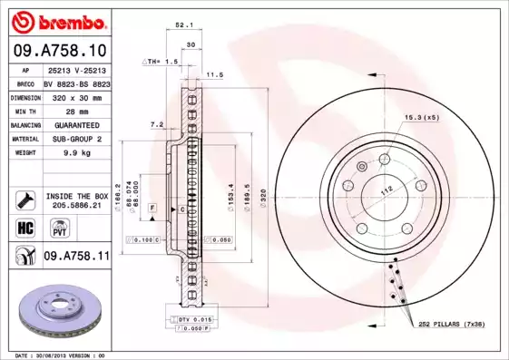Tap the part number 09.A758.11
click(76, 258)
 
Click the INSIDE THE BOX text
click(77, 196)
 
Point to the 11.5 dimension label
click(215, 75)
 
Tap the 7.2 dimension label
click(155, 124)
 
